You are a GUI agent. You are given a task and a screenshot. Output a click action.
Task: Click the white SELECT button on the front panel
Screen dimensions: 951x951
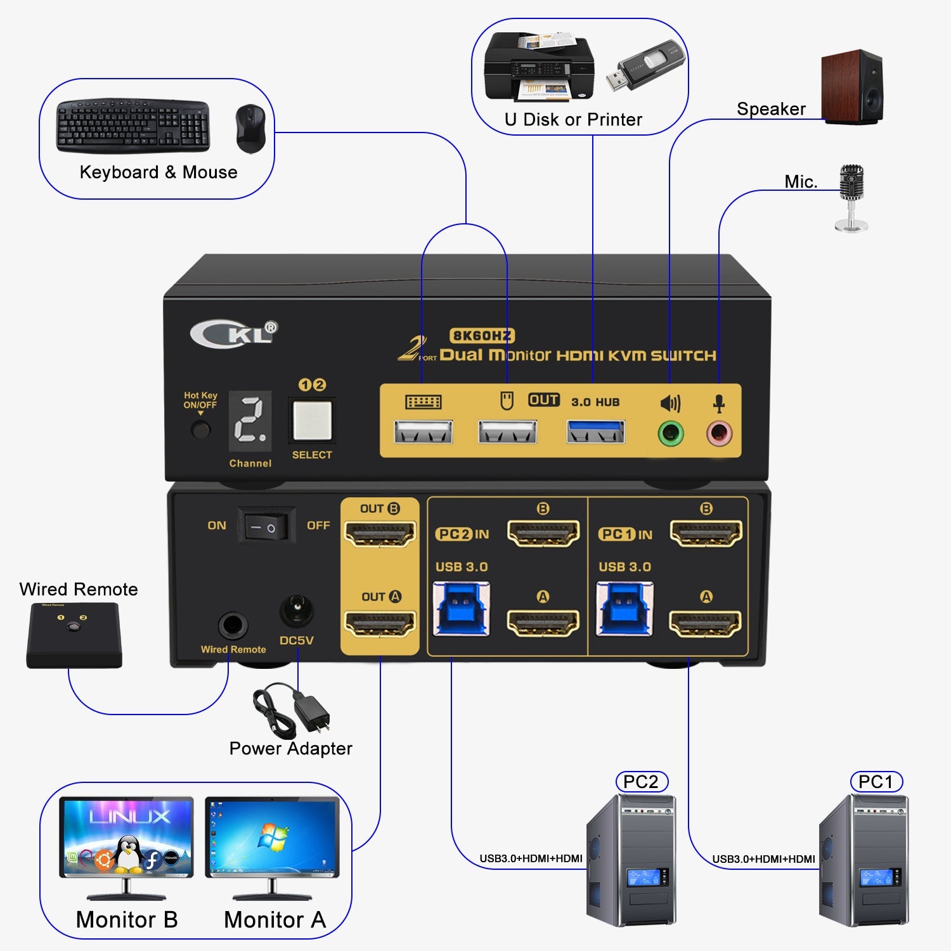coord(311,420)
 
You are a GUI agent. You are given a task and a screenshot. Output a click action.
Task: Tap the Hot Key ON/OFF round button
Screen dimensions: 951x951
coord(200,430)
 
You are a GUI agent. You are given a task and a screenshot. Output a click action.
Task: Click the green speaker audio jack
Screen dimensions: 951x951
coord(670,434)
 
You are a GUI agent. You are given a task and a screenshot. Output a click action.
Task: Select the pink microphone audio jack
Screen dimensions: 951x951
coord(719,434)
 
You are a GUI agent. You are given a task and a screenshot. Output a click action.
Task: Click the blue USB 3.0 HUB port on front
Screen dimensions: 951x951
coord(595,432)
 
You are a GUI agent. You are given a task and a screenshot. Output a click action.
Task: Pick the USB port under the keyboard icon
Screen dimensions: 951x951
coord(423,432)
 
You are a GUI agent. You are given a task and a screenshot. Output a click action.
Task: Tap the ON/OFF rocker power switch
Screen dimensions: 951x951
coord(266,526)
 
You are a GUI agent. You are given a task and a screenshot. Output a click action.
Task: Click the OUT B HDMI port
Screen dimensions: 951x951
coord(380,534)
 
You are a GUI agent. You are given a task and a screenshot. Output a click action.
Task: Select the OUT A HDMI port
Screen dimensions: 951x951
coord(380,623)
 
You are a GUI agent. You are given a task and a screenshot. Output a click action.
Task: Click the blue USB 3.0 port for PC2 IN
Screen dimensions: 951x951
coord(461,609)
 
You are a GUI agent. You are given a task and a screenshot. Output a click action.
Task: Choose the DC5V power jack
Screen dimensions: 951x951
coord(296,611)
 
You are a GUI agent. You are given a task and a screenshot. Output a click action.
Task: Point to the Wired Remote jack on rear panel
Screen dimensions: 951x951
coord(233,626)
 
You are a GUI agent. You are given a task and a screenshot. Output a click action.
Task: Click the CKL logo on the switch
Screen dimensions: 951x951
coord(234,333)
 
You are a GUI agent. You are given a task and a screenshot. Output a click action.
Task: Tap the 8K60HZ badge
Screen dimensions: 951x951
coord(482,335)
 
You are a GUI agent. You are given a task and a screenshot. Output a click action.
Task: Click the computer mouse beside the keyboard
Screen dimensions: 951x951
coord(250,128)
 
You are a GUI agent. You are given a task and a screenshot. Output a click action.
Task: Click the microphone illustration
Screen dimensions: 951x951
coord(851,197)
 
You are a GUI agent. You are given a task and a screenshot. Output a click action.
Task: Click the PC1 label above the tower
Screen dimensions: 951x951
coord(876,782)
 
